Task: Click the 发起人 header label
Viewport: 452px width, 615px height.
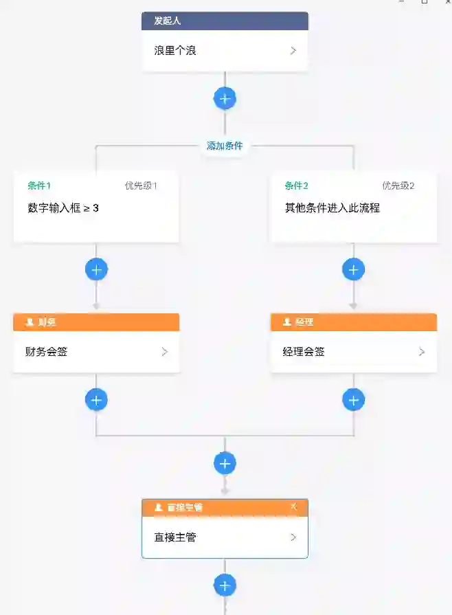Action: (x=167, y=21)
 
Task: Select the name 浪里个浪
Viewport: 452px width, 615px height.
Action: (x=175, y=51)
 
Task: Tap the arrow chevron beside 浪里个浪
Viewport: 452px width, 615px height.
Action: (x=293, y=51)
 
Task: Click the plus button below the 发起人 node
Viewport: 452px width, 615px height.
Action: (x=225, y=98)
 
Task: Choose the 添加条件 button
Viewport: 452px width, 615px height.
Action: (x=225, y=146)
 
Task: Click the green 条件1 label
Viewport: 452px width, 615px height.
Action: (x=39, y=186)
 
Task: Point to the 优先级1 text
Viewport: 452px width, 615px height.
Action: (x=141, y=186)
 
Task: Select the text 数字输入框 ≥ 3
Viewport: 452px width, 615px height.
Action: (x=63, y=208)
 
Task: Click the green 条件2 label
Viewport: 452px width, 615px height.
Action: (x=297, y=186)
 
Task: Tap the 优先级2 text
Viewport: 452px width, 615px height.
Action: (x=398, y=186)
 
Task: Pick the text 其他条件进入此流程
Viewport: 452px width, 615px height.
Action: (x=332, y=208)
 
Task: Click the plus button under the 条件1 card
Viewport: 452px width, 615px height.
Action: (x=96, y=269)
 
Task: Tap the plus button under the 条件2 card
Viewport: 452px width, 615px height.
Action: (x=353, y=269)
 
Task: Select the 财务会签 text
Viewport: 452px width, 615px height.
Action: (x=47, y=352)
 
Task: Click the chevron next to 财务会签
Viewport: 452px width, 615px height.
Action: (x=164, y=352)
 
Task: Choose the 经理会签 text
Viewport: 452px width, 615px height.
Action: (x=304, y=352)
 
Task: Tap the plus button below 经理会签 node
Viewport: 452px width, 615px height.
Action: (x=353, y=399)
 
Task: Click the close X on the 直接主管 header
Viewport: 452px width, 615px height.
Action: (x=294, y=507)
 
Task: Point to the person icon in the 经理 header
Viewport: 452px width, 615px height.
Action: (x=286, y=322)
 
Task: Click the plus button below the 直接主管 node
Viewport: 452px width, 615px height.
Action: (x=225, y=585)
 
